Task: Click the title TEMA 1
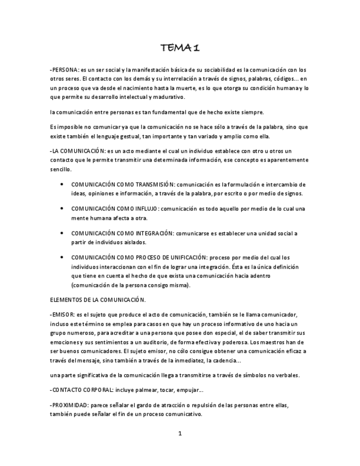(180, 48)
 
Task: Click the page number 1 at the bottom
(180, 433)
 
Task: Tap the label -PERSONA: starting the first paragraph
(64, 70)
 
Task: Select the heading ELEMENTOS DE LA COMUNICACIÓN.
(97, 300)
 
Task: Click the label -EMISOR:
(62, 314)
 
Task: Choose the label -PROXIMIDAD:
(71, 405)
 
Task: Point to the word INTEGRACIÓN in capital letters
(151, 233)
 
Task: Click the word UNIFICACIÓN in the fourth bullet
(184, 257)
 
